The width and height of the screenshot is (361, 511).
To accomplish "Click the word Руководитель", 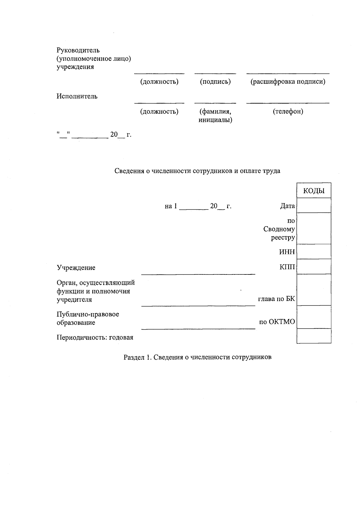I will point(78,50).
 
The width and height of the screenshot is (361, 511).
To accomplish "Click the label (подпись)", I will point(215,82).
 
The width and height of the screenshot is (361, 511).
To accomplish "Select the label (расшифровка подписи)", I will point(288,82).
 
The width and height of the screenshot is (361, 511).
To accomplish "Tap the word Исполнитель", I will point(77,97).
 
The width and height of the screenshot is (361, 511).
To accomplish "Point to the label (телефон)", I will point(288,112).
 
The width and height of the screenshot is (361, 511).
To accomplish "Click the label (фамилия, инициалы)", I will point(215,116).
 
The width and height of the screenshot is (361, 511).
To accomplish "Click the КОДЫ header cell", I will point(314,191).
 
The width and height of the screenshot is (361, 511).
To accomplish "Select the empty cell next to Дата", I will point(314,206).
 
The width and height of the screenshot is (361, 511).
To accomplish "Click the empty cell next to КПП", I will point(314,267).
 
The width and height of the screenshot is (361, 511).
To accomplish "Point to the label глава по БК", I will point(276,299).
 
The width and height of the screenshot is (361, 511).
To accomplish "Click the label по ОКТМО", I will point(277,322).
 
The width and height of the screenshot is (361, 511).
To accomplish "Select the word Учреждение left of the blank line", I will point(76,268).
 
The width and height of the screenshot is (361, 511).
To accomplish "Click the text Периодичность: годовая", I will point(95,337).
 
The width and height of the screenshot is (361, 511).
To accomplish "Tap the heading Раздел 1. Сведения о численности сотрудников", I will point(198,357).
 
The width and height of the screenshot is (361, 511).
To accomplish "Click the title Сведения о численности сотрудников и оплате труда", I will point(197,171).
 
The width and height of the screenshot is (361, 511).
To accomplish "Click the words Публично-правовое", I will point(88,314).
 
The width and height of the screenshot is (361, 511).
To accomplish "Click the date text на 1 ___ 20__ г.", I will point(198,206).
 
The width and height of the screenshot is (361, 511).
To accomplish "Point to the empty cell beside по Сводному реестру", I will point(314,229).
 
